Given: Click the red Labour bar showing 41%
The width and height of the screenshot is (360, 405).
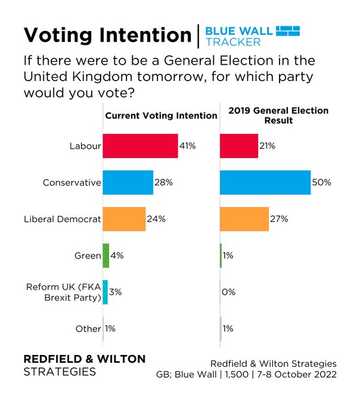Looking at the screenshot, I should tap(140, 146).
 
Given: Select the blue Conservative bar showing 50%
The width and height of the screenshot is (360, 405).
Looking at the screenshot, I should tap(265, 182).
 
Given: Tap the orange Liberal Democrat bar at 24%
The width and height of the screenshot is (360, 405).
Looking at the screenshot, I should tap(124, 219).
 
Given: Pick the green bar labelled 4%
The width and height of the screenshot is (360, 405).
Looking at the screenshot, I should tap(105, 256).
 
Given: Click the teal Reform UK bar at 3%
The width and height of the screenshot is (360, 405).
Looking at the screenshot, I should tap(105, 292).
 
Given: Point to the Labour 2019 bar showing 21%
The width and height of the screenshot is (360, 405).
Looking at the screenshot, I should tap(239, 146).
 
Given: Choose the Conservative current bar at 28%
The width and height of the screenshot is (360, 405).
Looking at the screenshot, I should tap(128, 182).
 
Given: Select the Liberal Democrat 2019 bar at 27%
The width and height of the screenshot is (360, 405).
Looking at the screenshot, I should tap(244, 219).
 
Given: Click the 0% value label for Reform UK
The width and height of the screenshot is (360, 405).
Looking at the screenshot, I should tap(229, 292).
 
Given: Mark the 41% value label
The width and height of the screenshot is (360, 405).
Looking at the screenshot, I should tap(188, 146).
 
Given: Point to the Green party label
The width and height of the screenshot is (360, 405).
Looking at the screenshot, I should tap(87, 256).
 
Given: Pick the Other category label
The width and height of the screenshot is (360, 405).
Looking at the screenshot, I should tap(88, 329).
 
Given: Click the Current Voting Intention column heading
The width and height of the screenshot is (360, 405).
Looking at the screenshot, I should tap(161, 116).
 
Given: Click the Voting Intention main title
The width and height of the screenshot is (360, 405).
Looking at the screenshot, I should tap(107, 35).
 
